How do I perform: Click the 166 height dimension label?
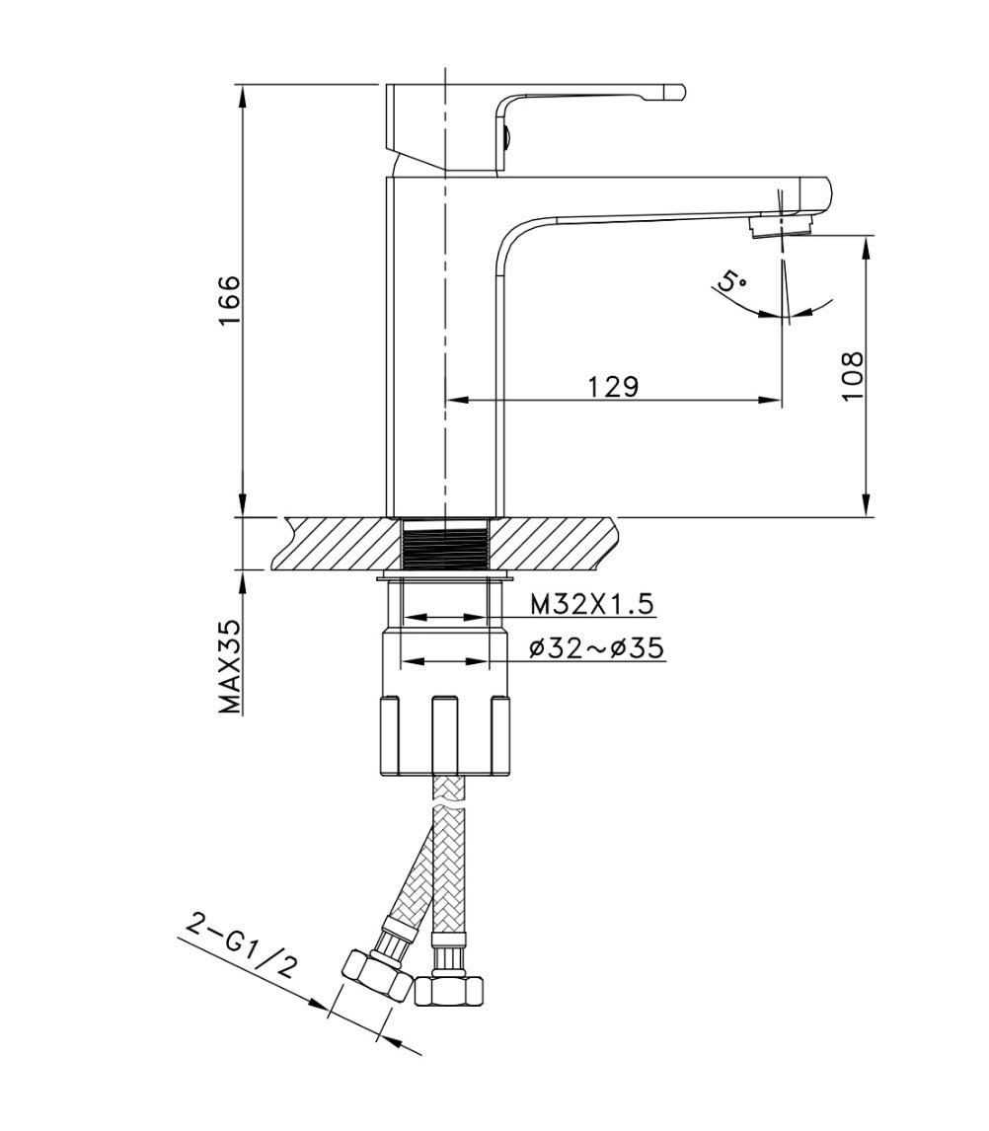point(228,302)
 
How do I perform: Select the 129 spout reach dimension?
point(614,386)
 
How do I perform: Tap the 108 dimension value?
point(853,376)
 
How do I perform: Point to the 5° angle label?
point(732,282)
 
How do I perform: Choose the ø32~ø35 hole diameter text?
point(595,647)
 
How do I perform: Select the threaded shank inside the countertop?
point(447,544)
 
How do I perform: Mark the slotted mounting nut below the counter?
point(445,735)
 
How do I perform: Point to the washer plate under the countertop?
point(447,574)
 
